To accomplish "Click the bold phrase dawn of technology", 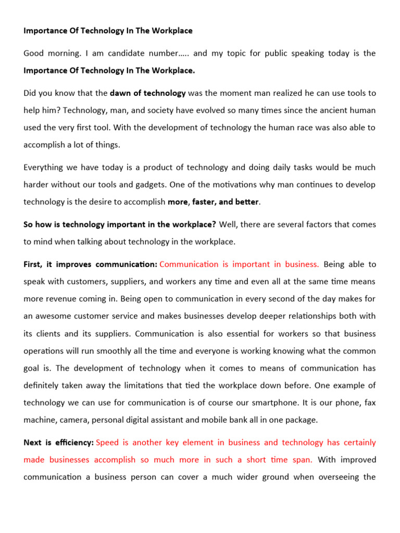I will [x=148, y=93].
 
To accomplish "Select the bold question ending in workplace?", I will [x=120, y=224].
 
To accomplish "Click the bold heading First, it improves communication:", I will [x=90, y=264].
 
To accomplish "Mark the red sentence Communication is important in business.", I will [x=239, y=264].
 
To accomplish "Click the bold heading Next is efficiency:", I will [x=58, y=442].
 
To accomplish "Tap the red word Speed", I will [x=107, y=442].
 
